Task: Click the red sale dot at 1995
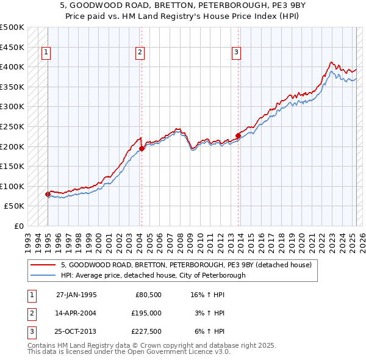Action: coord(48,194)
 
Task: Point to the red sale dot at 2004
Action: coord(142,148)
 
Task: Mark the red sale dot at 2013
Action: coord(238,135)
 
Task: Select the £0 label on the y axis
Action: coord(18,226)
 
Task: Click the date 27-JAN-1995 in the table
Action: coord(76,294)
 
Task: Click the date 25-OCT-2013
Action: coord(76,332)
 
